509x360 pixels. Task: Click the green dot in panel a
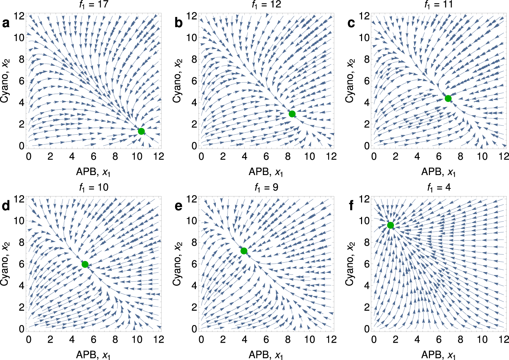coord(142,131)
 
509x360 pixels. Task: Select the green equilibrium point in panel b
coord(292,114)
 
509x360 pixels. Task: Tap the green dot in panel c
coord(448,98)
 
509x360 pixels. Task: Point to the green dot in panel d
coord(85,264)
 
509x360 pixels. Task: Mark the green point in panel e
coord(244,251)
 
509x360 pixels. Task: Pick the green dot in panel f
coord(391,225)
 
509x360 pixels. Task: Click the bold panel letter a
coord(6,23)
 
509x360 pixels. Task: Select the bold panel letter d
coord(6,206)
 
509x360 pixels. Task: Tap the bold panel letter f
coord(351,206)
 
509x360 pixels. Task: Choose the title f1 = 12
coord(267,4)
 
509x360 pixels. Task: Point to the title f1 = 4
coord(439,187)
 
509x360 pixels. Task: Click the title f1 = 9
coord(267,187)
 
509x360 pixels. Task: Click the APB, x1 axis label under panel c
coord(438,172)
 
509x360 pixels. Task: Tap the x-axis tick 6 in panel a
coord(94,156)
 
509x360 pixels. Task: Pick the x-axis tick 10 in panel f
coord(482,340)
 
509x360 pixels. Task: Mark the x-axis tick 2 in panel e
coord(223,340)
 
